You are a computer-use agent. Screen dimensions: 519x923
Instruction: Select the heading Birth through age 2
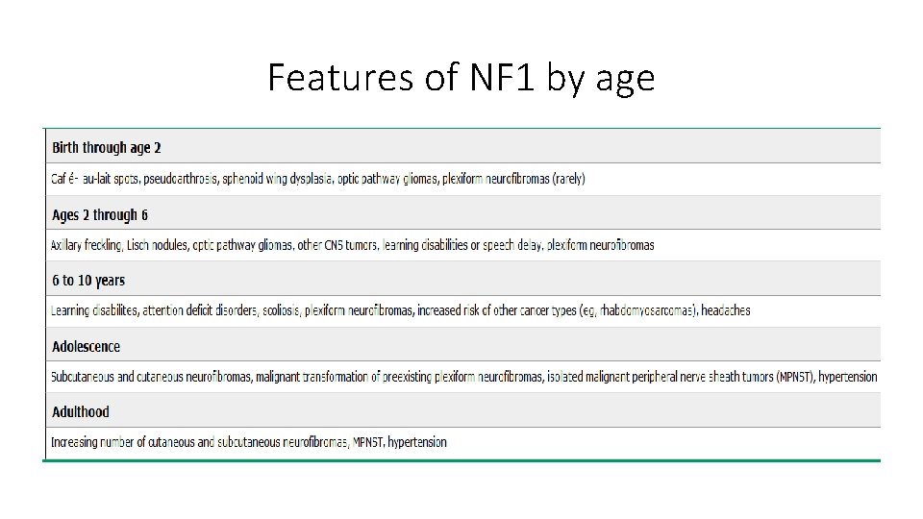107,147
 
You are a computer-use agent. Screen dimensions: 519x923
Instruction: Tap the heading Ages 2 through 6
100,214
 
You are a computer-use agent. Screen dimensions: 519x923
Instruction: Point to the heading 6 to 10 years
88,281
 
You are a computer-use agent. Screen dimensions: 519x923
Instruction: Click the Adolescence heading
87,346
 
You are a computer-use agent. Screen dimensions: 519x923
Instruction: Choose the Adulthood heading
81,411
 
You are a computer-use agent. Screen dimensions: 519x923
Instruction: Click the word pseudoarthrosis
186,179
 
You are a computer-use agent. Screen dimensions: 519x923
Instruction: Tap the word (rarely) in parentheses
568,179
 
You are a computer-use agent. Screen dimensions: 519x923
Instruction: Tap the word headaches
726,310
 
